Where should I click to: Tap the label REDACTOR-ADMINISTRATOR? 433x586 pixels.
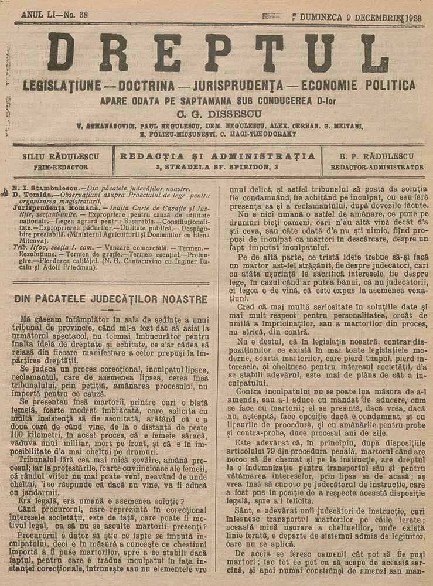coord(377,167)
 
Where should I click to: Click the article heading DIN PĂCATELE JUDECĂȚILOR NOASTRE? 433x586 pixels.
coord(110,299)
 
